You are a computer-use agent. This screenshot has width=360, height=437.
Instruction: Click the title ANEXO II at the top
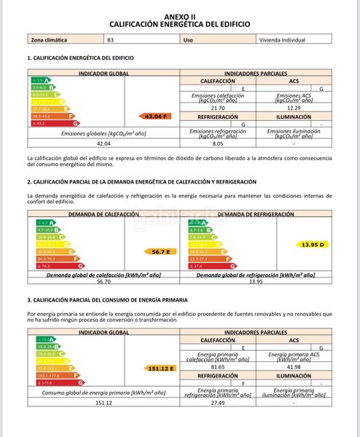[x=179, y=15]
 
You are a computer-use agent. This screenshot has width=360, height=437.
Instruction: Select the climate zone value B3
[x=110, y=41]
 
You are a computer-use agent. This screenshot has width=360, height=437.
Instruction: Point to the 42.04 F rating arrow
[x=156, y=116]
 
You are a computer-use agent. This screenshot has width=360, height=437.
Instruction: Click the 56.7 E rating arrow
[x=159, y=251]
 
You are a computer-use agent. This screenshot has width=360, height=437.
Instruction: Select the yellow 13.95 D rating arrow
[x=312, y=245]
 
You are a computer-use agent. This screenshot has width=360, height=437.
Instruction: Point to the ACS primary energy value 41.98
[x=294, y=366]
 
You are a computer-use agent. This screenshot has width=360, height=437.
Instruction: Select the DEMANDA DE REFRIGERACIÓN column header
[x=256, y=214]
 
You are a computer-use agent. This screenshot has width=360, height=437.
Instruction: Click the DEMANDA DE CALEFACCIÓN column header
[x=103, y=214]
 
